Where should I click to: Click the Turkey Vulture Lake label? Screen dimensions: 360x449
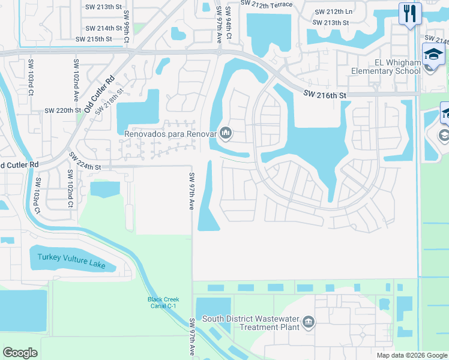[x=71, y=257]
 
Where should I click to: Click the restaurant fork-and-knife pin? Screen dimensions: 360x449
[x=410, y=13]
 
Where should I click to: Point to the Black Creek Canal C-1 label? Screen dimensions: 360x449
[x=164, y=302]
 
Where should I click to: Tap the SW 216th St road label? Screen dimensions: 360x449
[x=325, y=94]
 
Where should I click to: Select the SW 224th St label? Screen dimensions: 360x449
[x=85, y=161]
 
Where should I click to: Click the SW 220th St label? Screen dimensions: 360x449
[x=62, y=111]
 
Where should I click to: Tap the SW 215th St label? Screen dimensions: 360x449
[x=94, y=39]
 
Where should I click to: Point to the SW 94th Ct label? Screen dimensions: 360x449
[x=229, y=22]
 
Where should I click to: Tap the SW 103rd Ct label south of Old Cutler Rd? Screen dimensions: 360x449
[x=37, y=196]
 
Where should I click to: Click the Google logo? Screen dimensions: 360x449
[x=20, y=353]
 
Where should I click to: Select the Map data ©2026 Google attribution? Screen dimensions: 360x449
[x=412, y=355]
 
